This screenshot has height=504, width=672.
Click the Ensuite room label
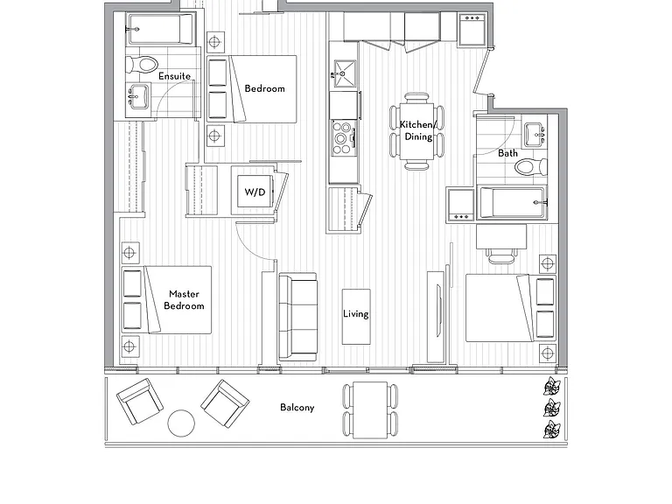[x=174, y=76]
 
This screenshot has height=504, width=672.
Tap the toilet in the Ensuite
[x=143, y=65]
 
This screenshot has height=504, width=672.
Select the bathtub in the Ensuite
[x=160, y=29]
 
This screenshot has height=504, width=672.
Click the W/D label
[x=255, y=192]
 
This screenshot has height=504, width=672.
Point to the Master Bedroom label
[x=184, y=300]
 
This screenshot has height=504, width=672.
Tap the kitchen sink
[x=345, y=73]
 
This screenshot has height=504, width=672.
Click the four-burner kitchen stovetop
[x=344, y=138]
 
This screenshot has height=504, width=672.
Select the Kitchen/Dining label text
[x=418, y=130]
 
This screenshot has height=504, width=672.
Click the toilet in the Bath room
[x=531, y=166]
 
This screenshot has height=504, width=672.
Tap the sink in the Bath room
[x=535, y=135]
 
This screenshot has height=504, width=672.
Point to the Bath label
[x=507, y=153]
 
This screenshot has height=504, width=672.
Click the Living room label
[x=356, y=314]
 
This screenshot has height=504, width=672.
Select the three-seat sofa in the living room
[x=297, y=317]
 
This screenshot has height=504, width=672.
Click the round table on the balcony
[x=181, y=423]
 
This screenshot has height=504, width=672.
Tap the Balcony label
[x=297, y=407]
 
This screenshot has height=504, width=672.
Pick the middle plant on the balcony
[x=552, y=408]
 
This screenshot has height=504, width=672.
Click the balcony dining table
[x=370, y=410]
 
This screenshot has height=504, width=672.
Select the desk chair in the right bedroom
[x=501, y=255]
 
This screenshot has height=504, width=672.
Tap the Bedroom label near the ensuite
[x=264, y=88]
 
